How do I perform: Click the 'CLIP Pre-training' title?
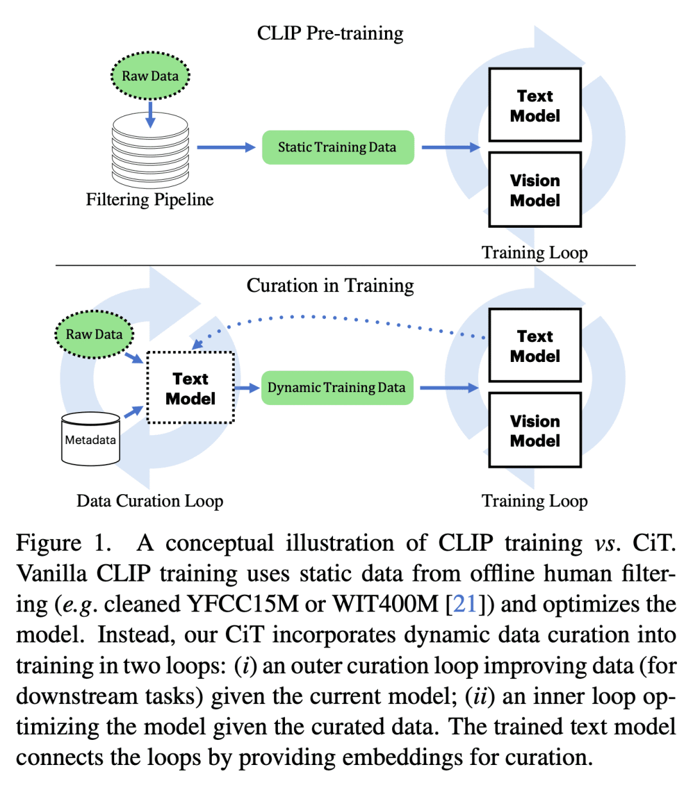click(330, 33)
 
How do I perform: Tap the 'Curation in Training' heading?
click(330, 286)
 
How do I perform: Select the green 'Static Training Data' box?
click(338, 148)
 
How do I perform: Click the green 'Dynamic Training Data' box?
click(337, 388)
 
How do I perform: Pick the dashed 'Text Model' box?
click(191, 388)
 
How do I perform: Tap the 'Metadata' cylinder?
click(90, 440)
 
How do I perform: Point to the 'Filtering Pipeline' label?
click(150, 200)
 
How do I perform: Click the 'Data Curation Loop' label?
click(150, 501)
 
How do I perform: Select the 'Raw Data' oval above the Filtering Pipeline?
click(150, 76)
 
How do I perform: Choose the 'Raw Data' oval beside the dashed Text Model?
click(94, 334)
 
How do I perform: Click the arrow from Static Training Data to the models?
click(450, 148)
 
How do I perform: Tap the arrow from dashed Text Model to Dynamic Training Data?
click(247, 388)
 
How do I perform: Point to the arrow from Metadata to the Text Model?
click(133, 411)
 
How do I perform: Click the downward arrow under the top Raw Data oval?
click(150, 114)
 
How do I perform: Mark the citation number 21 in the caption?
click(465, 604)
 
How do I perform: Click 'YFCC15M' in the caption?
click(243, 604)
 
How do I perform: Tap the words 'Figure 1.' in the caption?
click(64, 543)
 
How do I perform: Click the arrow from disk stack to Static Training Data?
click(226, 148)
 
